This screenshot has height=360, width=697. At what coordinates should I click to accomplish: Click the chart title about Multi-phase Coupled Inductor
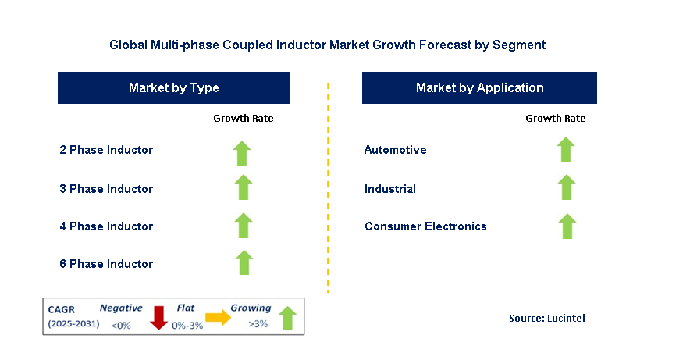point(327,45)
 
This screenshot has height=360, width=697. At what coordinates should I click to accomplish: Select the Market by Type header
point(173,88)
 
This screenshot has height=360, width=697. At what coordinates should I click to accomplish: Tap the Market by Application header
point(479,88)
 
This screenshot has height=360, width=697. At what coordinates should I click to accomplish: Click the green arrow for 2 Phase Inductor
point(244,152)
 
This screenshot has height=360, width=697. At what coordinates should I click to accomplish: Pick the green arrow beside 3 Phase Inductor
point(244,188)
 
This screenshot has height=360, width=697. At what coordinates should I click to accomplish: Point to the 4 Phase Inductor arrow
point(244,226)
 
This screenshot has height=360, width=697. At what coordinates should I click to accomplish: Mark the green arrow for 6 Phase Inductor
point(244,263)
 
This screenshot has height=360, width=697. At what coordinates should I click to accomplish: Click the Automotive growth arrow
point(567,150)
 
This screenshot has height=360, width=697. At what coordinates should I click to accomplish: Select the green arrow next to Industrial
point(567,188)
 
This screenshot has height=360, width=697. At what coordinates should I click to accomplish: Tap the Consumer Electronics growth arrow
point(567,226)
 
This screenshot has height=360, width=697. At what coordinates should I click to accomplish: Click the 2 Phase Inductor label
point(106,150)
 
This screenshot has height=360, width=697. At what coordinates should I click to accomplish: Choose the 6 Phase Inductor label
point(106,264)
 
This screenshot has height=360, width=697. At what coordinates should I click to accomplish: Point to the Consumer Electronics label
point(425,226)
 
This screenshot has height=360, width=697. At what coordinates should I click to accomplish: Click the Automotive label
point(395,150)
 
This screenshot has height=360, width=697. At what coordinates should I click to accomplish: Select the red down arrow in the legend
point(159,318)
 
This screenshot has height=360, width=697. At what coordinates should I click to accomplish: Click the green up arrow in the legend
point(287,318)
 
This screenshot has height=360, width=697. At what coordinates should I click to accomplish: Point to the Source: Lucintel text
point(546,318)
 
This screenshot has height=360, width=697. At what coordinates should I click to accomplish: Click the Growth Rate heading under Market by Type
point(244,119)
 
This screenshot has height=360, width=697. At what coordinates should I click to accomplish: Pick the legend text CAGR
point(62,309)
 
